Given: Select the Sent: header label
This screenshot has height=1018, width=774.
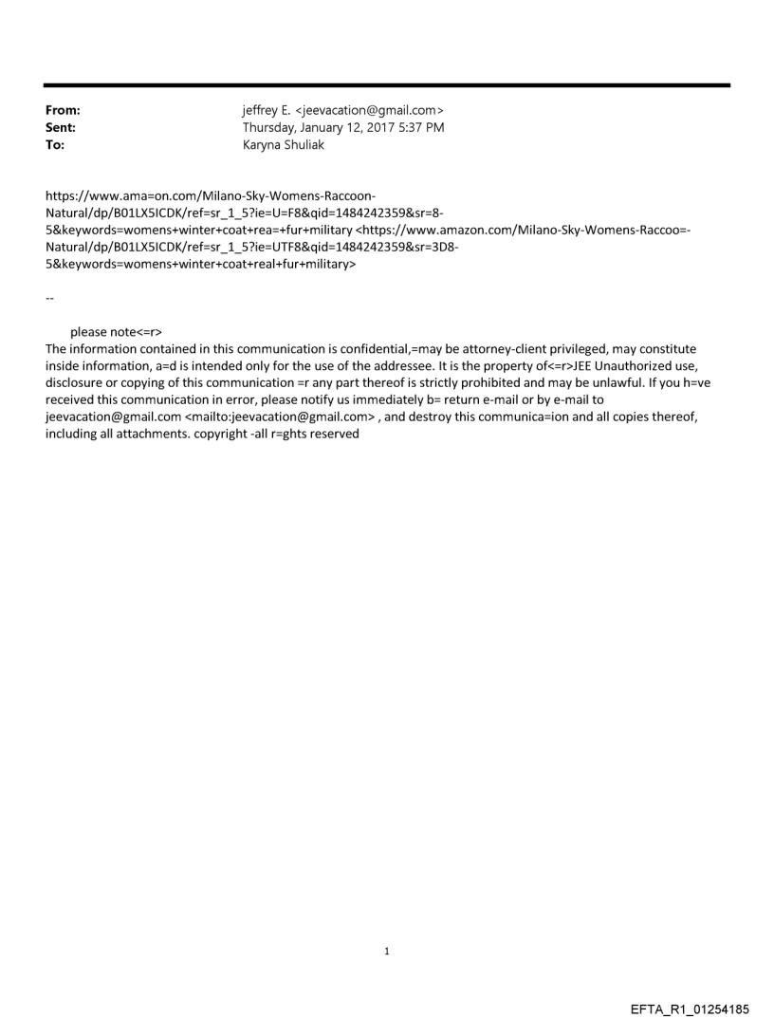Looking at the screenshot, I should tap(59, 127).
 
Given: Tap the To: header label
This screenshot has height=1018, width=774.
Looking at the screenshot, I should tap(55, 143).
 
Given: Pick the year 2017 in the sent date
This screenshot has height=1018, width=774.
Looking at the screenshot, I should tap(377, 127).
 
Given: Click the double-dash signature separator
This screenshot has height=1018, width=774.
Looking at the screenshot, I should tap(49, 298).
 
